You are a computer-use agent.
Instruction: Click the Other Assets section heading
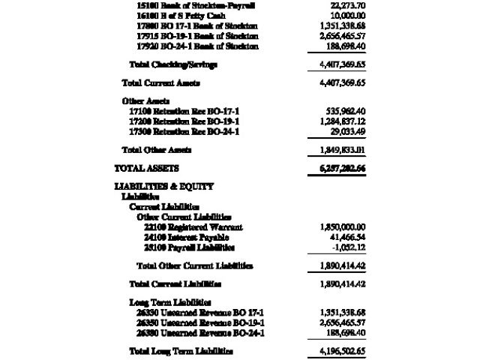pos(145,100)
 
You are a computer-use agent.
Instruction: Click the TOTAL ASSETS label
pos(146,168)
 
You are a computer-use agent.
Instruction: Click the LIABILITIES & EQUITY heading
pos(163,186)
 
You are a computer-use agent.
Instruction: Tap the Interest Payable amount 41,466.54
pos(346,237)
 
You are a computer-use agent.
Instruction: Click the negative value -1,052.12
pos(347,247)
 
